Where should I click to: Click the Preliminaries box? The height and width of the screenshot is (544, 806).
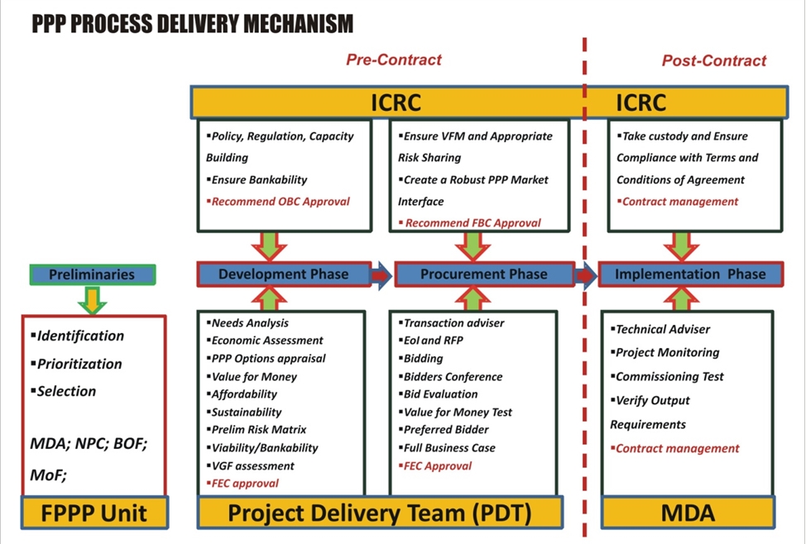pos(93,274)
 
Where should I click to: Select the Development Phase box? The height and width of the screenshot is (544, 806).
pos(285,274)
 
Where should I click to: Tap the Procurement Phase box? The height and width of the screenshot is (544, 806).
pos(484,274)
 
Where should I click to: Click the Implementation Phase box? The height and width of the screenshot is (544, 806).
pos(691,274)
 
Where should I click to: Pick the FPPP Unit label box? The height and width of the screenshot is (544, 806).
pos(94,513)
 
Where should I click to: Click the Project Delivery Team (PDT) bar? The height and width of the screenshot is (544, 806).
pos(380,513)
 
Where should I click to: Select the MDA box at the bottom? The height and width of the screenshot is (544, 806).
pos(688,513)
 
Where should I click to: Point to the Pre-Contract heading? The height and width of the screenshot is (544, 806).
pos(394,60)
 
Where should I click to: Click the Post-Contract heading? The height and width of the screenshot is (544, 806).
pos(714,60)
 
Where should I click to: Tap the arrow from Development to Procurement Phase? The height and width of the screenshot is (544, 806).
pos(381,275)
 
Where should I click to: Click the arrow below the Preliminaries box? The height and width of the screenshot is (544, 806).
pos(92,300)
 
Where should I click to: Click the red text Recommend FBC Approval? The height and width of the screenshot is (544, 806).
pos(470,223)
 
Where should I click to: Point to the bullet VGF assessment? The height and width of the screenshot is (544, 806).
pos(251,466)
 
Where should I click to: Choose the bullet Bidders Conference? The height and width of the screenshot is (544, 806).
pos(450,376)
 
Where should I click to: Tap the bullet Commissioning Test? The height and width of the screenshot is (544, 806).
pos(667,376)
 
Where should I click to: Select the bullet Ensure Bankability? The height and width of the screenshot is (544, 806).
pos(257,179)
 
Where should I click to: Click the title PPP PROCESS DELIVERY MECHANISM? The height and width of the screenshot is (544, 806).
pos(193,24)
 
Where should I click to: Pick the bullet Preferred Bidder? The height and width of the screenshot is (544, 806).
pos(444,429)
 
